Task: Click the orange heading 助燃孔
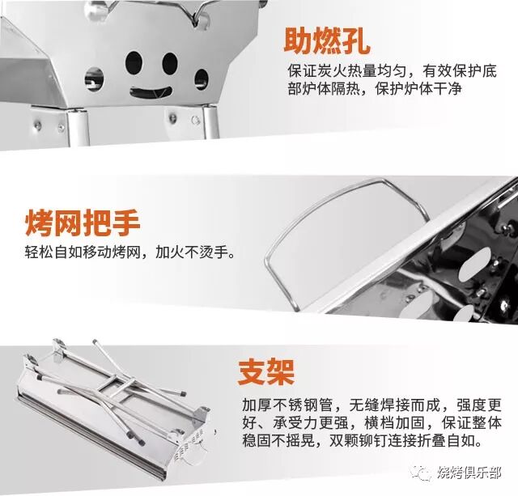pos(327,41)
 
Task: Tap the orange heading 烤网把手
pos(83,223)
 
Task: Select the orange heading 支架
pos(266,372)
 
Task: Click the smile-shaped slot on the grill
pos(151,92)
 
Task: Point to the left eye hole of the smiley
pos(134,63)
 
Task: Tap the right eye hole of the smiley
pos(170,63)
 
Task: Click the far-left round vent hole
pos(95,79)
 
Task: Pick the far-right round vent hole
pos(202,79)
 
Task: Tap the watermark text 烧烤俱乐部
pos(469,473)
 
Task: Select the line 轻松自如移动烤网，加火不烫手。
pos(130,252)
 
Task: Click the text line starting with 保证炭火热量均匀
pos(392,71)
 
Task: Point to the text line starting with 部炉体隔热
pos(375,88)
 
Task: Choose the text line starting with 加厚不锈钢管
pos(372,405)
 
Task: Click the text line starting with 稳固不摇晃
pos(363,440)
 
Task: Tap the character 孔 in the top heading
pos(356,41)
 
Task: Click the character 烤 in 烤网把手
pos(39,223)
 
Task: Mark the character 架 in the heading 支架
pos(281,372)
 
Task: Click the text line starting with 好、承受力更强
pos(372,422)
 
